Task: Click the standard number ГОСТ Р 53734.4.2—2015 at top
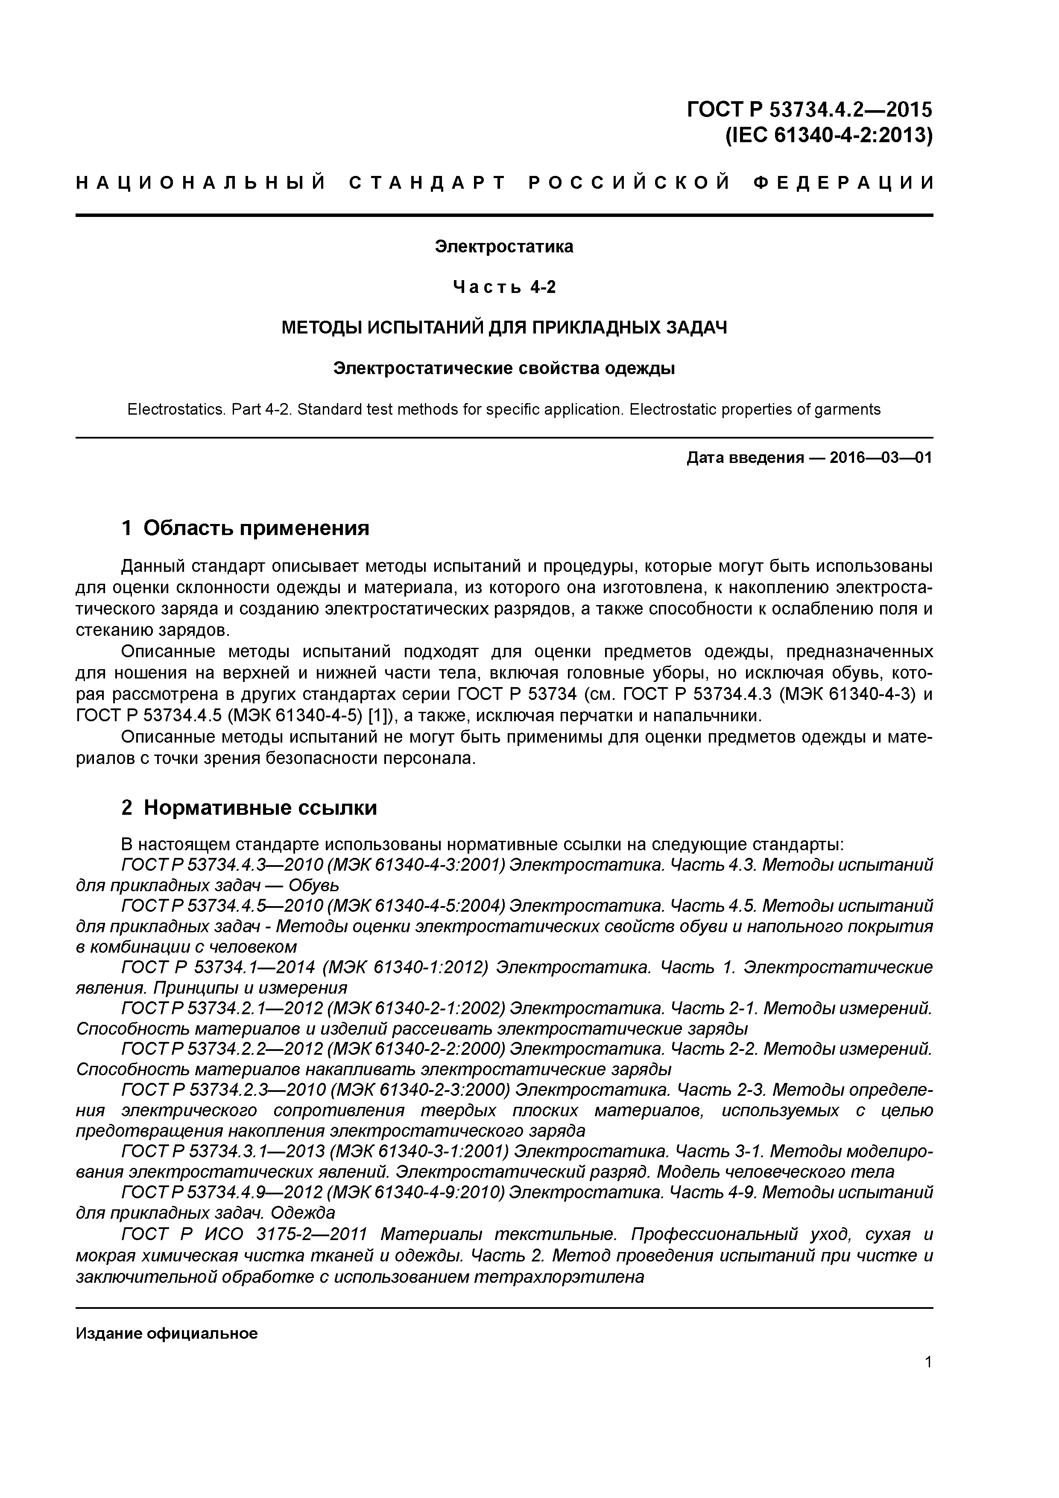pos(809,109)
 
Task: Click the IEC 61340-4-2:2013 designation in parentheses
pos(829,136)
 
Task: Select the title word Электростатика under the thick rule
pos(504,247)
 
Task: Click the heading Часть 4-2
pos(504,287)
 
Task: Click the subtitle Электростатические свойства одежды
pos(504,369)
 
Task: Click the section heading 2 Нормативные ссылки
pos(249,808)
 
